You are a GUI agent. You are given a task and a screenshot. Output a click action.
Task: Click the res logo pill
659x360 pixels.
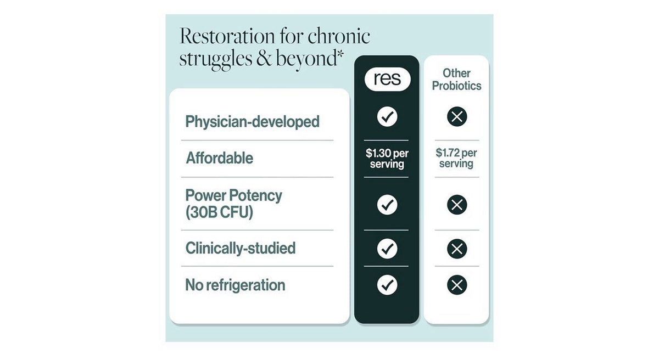tap(387, 79)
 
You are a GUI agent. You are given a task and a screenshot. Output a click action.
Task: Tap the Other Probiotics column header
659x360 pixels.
tap(456, 80)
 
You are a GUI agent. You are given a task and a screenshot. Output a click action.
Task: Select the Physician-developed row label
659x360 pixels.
tap(252, 122)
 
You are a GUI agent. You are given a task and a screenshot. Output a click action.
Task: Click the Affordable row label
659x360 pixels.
tap(219, 158)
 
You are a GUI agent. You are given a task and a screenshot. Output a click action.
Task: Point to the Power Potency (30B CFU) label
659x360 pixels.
tap(233, 204)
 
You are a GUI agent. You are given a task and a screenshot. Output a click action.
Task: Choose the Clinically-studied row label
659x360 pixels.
tap(241, 248)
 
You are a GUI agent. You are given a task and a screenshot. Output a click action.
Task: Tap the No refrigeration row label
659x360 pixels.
tap(236, 285)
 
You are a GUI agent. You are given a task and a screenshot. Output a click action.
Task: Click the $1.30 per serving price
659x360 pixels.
tap(387, 159)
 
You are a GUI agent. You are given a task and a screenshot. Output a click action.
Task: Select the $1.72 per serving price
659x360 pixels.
tap(456, 158)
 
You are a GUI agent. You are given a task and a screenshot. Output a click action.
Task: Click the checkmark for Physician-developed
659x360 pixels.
tap(387, 117)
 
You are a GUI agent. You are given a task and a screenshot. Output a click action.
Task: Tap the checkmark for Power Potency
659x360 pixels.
tap(387, 205)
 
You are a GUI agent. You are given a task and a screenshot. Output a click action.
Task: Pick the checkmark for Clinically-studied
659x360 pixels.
tap(387, 249)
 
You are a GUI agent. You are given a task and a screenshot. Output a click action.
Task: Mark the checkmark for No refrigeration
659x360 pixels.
tap(387, 285)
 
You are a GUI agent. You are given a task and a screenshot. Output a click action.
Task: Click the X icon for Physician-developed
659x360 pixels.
tap(457, 117)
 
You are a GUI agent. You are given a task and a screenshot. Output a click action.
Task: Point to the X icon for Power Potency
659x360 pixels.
tap(457, 205)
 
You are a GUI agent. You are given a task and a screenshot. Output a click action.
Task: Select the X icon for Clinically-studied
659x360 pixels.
tap(457, 249)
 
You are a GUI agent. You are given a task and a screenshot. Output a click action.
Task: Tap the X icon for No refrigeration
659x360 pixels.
tap(457, 285)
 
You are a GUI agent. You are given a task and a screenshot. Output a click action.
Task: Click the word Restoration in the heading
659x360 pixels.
tap(227, 36)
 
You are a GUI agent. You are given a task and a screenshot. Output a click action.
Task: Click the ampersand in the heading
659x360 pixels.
tap(264, 58)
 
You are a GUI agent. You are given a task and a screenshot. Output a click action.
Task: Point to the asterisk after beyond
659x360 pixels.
tap(340, 53)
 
